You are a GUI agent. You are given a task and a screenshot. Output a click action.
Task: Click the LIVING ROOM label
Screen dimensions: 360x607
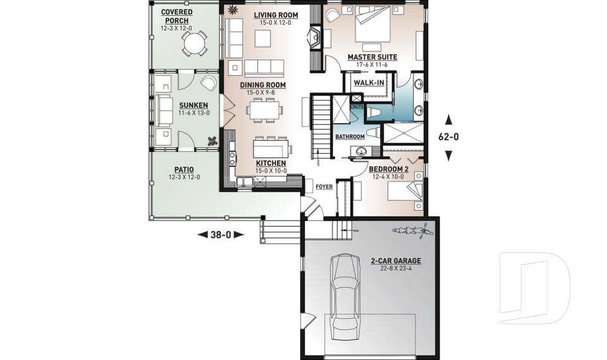[x=276, y=15]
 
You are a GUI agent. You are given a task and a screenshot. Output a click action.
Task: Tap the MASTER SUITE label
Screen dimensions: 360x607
[x=372, y=57]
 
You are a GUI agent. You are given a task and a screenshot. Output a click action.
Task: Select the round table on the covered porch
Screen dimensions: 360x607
[x=194, y=42]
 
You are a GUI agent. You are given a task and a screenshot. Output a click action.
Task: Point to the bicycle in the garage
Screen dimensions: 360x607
[x=411, y=230]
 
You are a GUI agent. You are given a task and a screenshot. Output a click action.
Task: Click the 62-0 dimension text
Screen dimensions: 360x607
[x=448, y=136]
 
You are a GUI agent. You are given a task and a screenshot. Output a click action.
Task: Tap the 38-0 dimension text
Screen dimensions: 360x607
[x=221, y=234]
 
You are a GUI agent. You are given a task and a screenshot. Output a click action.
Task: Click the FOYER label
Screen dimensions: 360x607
[x=324, y=187]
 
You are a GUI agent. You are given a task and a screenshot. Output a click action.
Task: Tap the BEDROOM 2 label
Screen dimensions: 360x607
[x=388, y=170]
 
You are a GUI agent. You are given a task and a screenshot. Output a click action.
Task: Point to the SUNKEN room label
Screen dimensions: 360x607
[x=190, y=105]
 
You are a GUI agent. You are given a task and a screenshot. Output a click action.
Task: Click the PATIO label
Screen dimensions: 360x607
[x=183, y=170]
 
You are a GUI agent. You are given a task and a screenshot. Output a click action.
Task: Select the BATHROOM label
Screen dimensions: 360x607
[x=350, y=137]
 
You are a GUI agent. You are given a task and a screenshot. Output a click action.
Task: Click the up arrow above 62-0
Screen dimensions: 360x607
[x=448, y=118]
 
